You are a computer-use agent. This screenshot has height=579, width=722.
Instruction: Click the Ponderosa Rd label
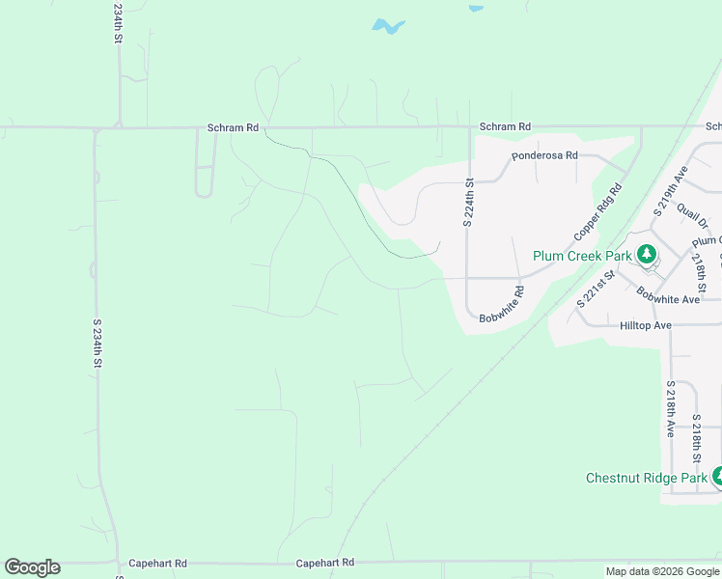point(544,154)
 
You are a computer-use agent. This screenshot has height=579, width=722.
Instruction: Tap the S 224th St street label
point(467,203)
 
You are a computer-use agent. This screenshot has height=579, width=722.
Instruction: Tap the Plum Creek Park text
point(582,256)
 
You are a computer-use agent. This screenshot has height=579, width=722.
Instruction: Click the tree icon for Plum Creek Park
point(647,255)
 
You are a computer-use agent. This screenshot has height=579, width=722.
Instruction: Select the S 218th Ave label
point(669,409)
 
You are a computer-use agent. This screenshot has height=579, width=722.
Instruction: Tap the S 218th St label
point(696,443)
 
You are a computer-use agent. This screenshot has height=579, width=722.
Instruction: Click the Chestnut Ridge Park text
point(647,478)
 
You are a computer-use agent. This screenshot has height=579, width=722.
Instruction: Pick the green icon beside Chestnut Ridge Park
point(717,476)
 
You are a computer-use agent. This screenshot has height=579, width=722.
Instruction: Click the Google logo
point(32,567)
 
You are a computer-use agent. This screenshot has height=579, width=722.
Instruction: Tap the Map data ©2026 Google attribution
point(662,571)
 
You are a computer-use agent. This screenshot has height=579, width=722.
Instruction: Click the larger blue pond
point(388,26)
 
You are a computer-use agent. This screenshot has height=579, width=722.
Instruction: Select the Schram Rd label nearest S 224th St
point(506,126)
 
